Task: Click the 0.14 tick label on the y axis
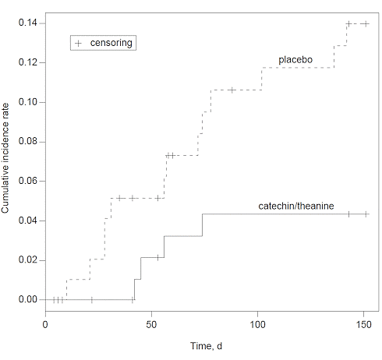[x=27, y=23]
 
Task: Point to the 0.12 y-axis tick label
[x=27, y=62]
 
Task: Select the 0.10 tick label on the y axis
[x=27, y=102]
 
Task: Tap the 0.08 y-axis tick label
[x=27, y=142]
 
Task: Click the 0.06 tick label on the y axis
[x=27, y=182]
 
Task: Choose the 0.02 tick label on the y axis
[x=27, y=260]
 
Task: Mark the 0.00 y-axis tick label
[x=27, y=300]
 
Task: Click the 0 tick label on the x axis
[x=45, y=323]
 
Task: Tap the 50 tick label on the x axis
[x=152, y=323]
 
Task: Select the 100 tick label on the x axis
[x=259, y=323]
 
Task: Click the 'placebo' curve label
[x=296, y=59]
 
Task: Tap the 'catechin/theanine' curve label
[x=295, y=206]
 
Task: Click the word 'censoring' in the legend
[x=111, y=42]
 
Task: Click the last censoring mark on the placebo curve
[x=366, y=23]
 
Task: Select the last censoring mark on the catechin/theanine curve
[x=366, y=214]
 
